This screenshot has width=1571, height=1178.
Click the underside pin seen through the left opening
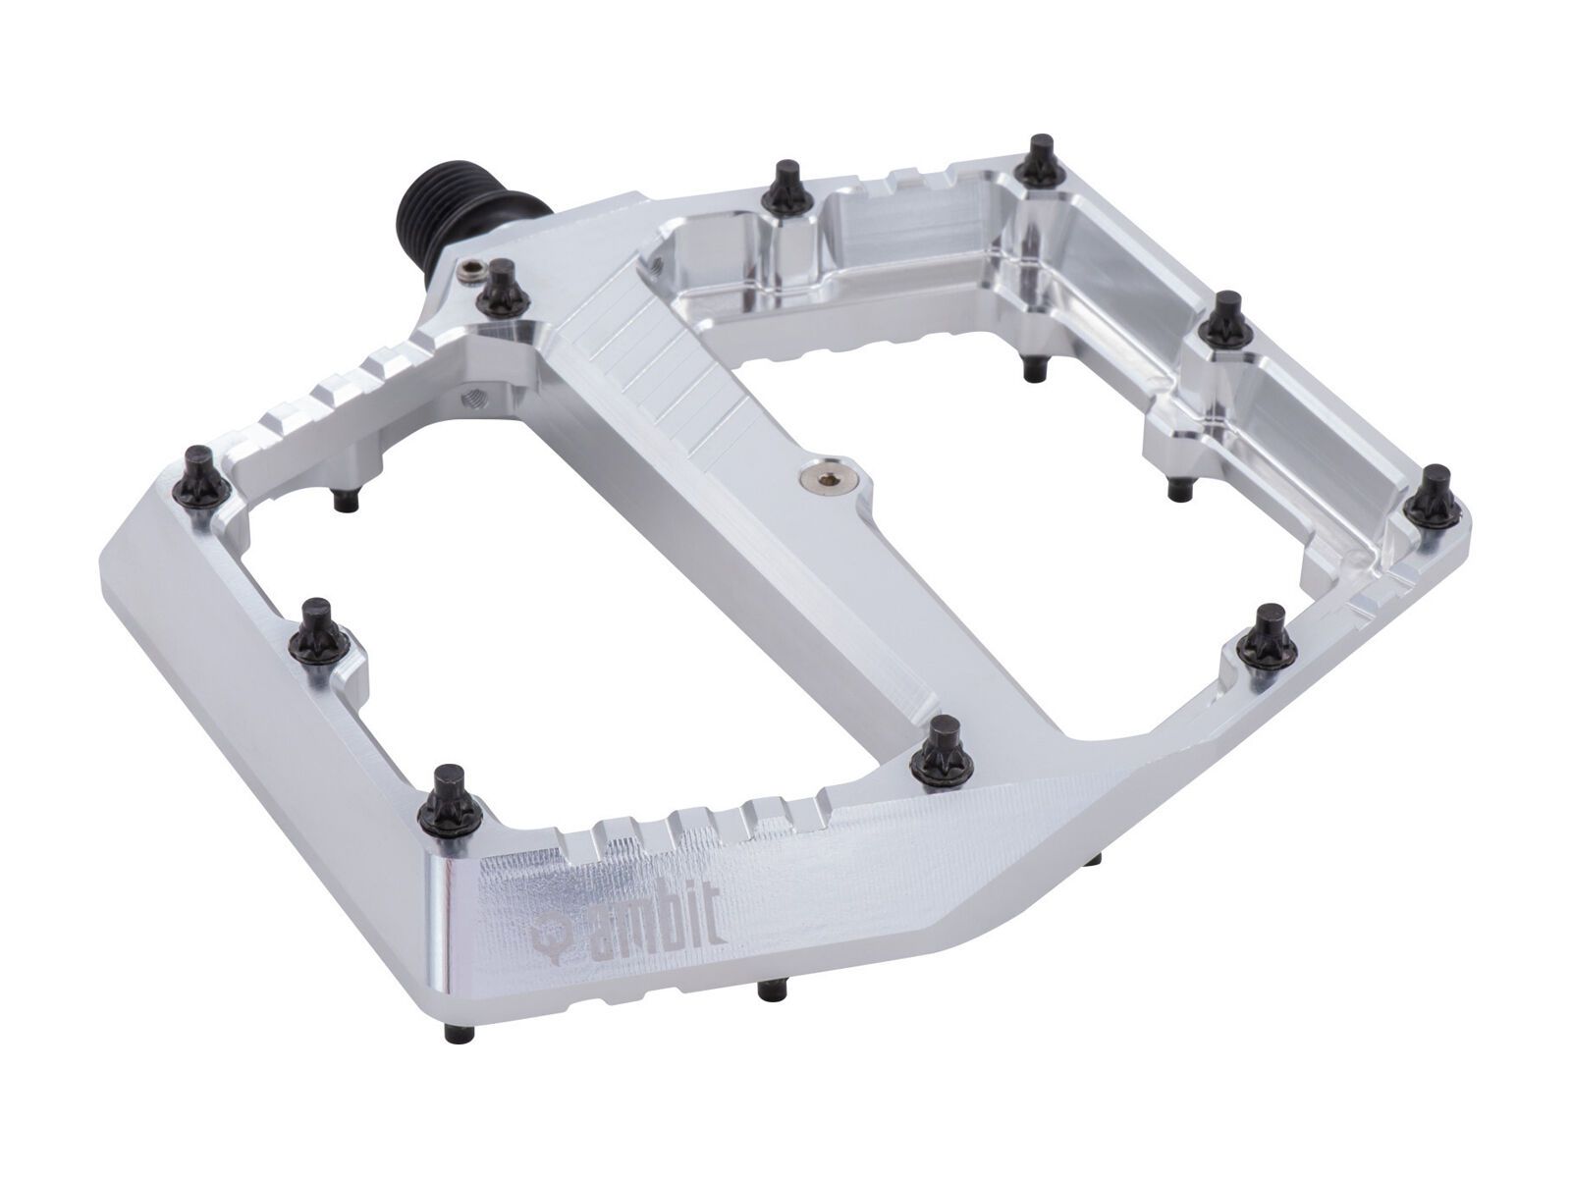pyautogui.click(x=344, y=499)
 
